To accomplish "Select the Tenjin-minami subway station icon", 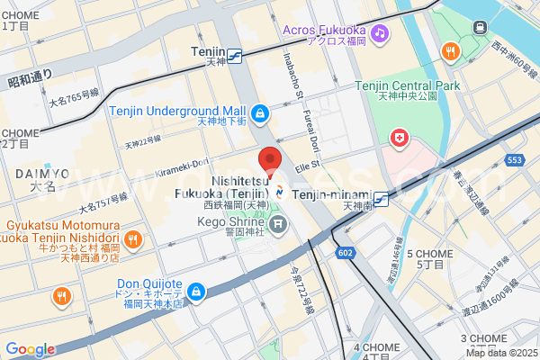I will point(382,199).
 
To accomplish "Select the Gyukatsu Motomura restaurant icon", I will point(131,238).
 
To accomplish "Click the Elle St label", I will point(308,166).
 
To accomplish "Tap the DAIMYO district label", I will point(43,173).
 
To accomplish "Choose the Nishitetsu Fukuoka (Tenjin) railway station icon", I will point(281,191).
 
